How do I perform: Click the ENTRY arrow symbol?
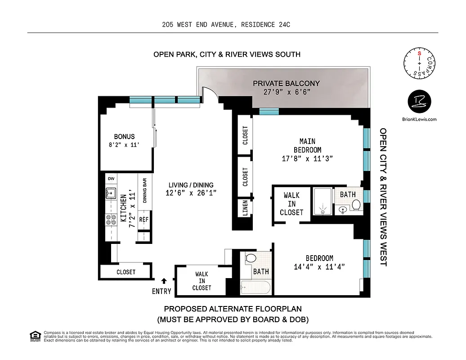(157, 281)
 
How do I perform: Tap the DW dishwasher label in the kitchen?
(111, 179)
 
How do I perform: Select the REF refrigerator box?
(143, 220)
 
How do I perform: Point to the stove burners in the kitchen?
(111, 220)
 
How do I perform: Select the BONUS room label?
(124, 136)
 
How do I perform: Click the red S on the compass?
(419, 53)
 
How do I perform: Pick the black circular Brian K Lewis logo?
(419, 101)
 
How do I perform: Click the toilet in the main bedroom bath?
(356, 205)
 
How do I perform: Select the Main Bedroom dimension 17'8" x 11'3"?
(308, 158)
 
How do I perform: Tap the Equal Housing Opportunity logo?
(35, 336)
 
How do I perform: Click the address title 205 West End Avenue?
(226, 25)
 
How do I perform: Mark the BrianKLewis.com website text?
(419, 119)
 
